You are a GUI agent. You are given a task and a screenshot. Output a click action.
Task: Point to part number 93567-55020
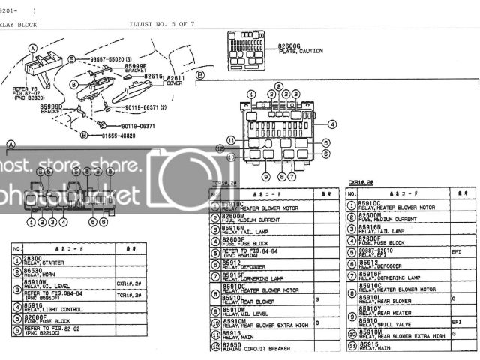pyautogui.click(x=103, y=58)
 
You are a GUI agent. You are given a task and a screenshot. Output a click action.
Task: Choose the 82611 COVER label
pyautogui.click(x=178, y=81)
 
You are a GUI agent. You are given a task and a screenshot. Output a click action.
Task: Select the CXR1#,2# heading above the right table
pyautogui.click(x=361, y=183)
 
